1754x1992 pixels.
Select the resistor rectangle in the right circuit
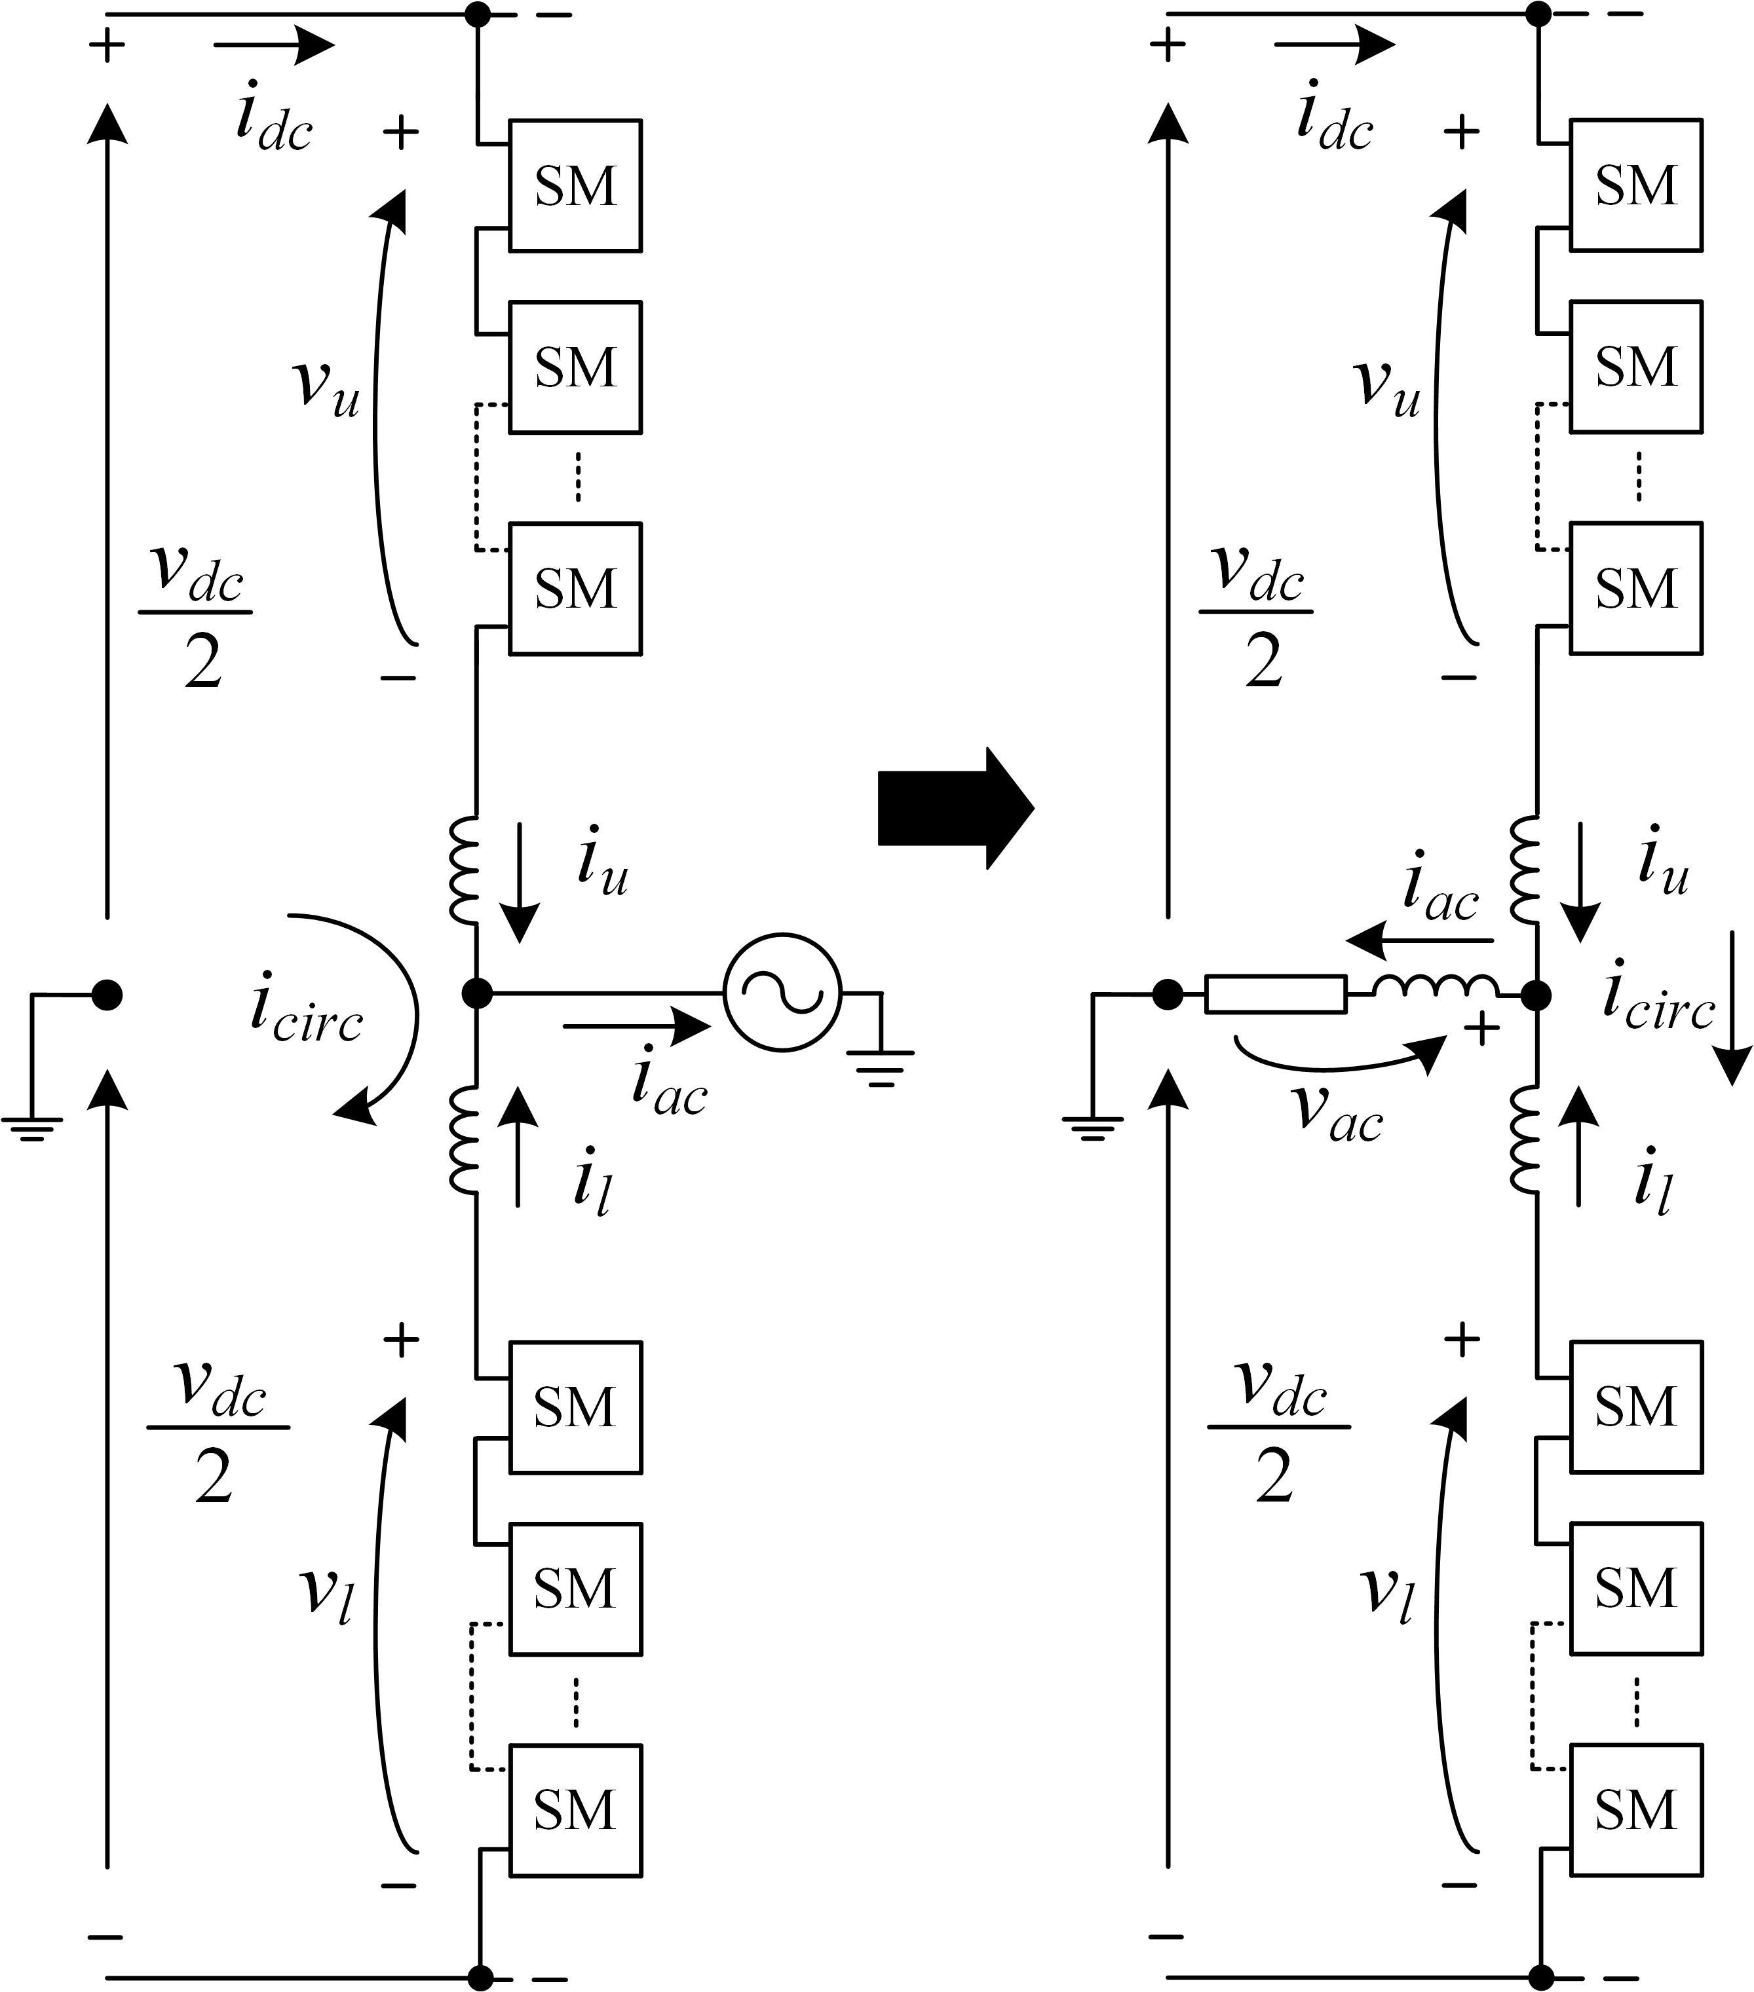pyautogui.click(x=1275, y=994)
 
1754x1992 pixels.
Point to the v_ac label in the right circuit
pyautogui.click(x=1337, y=1112)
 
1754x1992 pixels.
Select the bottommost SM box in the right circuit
pyautogui.click(x=1635, y=1811)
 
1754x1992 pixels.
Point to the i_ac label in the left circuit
pyautogui.click(x=669, y=1084)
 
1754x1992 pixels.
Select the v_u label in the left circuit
pyautogui.click(x=326, y=387)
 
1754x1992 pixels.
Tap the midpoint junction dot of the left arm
pyautogui.click(x=477, y=993)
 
